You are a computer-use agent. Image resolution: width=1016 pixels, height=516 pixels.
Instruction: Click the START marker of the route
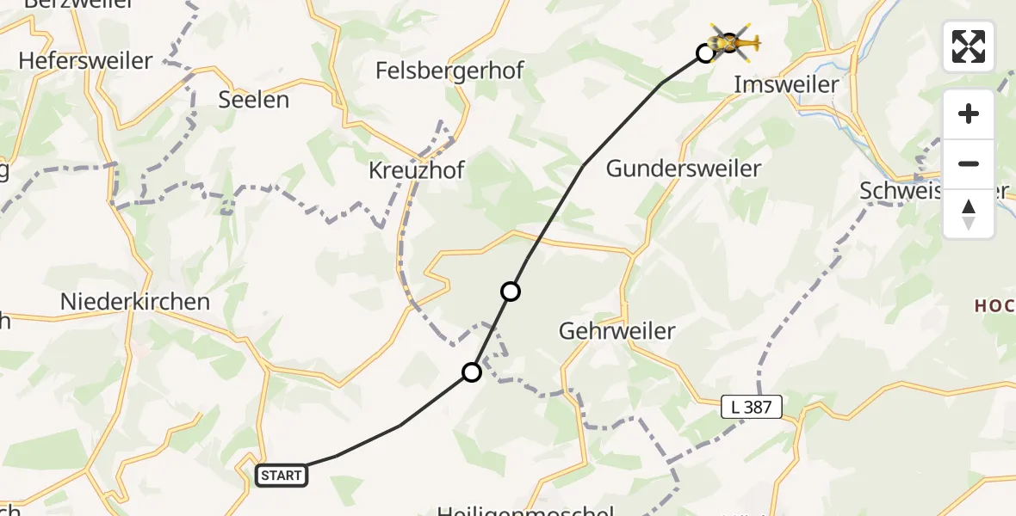282,475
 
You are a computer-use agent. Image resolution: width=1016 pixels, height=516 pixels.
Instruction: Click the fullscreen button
969,46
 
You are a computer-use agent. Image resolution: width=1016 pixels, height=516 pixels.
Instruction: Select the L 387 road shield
752,407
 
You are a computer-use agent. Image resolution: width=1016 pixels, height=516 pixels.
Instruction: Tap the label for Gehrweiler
616,330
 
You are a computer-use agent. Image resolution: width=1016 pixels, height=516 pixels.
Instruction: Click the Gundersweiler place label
684,169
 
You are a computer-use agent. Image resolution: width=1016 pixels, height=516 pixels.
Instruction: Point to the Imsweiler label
785,84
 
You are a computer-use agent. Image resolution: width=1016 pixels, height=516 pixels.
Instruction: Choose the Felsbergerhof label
449,71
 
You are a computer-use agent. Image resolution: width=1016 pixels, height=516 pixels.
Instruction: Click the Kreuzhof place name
416,170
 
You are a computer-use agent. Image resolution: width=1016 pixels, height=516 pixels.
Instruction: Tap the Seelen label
253,100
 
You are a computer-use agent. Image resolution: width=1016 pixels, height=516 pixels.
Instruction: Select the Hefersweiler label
84,61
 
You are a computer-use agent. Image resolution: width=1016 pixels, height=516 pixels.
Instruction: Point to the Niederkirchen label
135,302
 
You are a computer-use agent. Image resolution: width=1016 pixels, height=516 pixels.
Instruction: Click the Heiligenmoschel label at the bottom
525,511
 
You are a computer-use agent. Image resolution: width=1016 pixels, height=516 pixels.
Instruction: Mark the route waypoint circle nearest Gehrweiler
511,292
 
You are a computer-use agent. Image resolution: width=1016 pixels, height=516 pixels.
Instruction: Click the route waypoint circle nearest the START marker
472,372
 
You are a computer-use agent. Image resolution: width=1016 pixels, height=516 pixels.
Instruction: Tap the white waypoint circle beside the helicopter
705,53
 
